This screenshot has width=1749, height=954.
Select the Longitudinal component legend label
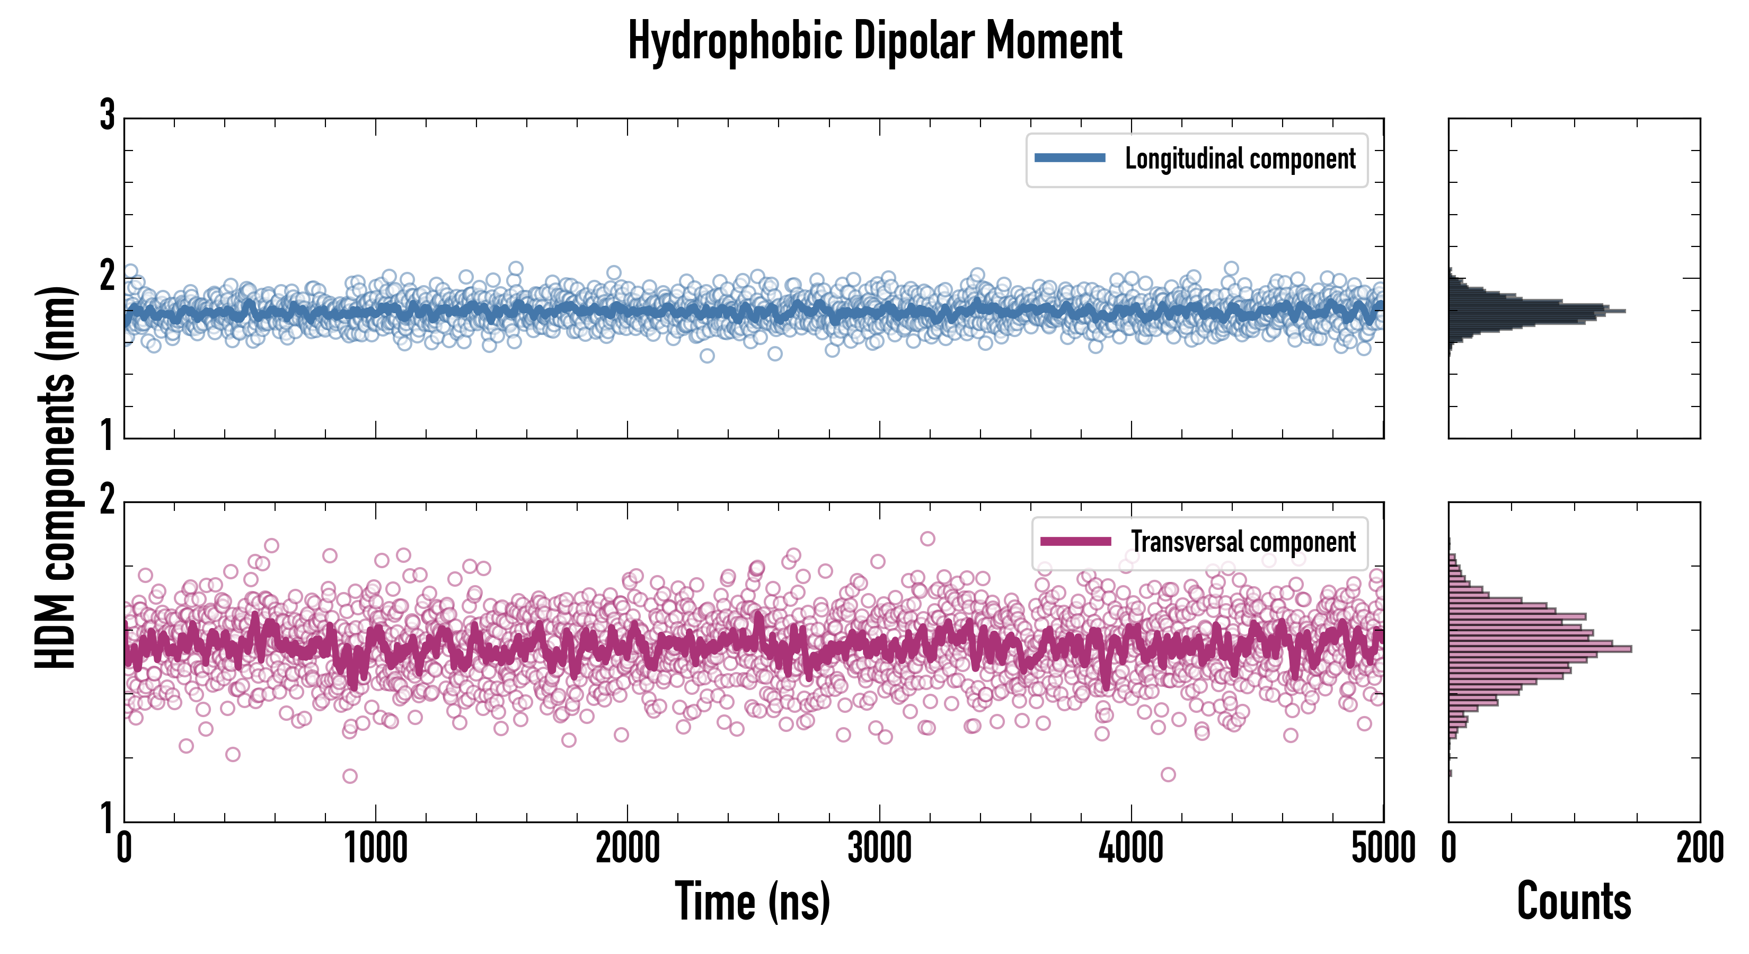(1240, 159)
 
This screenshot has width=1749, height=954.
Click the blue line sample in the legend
(1070, 158)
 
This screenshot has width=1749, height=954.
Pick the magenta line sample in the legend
(1075, 541)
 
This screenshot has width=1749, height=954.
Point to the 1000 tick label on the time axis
(375, 849)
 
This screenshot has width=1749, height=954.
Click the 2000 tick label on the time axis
(628, 849)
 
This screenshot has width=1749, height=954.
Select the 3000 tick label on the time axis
(879, 849)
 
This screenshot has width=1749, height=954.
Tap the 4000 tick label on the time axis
(1131, 849)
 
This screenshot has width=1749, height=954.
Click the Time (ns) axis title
(752, 901)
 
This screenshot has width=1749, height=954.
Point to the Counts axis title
(1574, 901)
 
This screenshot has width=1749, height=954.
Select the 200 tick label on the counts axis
(1699, 849)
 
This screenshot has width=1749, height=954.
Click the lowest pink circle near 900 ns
(350, 775)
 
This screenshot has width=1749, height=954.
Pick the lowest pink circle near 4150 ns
(1168, 774)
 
